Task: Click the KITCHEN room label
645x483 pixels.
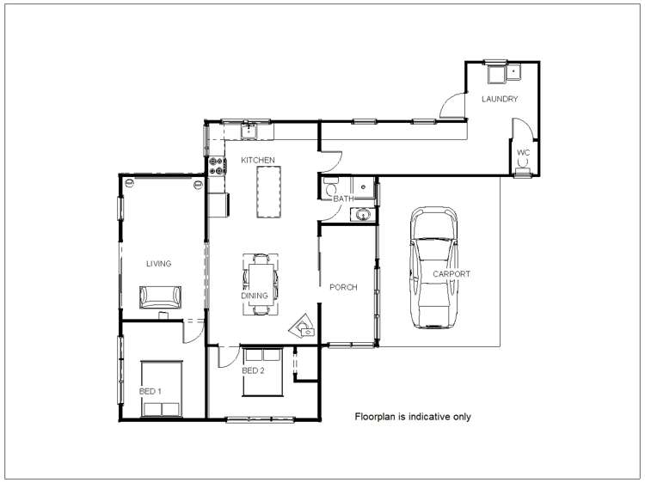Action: (257, 160)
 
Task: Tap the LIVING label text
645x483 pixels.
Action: (158, 264)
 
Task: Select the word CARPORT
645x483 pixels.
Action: (451, 274)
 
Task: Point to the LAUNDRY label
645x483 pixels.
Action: (500, 100)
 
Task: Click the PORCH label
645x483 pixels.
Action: (343, 287)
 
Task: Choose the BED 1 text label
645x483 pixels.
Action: (150, 391)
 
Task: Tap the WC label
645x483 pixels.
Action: (523, 152)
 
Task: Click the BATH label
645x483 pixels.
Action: (344, 199)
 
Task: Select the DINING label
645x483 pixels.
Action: (255, 296)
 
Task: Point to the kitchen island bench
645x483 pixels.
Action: (269, 193)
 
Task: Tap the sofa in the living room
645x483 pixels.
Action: (161, 296)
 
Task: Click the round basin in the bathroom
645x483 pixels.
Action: (365, 214)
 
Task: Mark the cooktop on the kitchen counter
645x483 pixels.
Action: (215, 165)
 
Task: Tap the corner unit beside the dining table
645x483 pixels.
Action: (303, 323)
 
